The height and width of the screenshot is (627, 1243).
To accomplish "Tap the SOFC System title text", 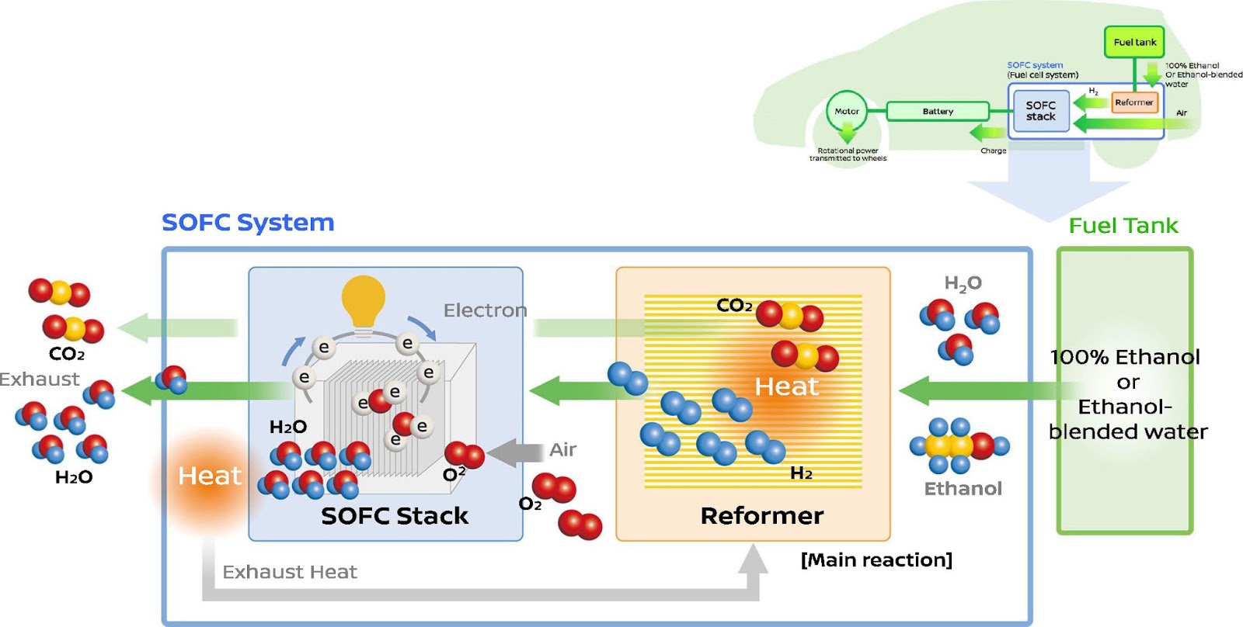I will (x=248, y=223).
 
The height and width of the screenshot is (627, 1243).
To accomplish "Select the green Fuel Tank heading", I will (x=1123, y=226).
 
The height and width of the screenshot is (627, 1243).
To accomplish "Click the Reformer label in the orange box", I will (x=761, y=516).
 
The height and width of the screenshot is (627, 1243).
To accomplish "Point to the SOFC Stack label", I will (x=395, y=516).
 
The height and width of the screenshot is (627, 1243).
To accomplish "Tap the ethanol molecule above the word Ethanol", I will (x=959, y=446).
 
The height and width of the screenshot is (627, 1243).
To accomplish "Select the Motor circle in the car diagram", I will (x=846, y=112).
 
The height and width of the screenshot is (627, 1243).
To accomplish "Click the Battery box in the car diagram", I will (x=938, y=112).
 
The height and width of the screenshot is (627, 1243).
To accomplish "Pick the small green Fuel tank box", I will (x=1134, y=43).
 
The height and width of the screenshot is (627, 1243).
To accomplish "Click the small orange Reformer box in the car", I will (x=1133, y=102).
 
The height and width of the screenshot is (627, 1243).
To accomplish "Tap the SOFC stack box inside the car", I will (x=1040, y=111).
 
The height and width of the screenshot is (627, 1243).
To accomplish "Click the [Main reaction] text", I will (x=876, y=560).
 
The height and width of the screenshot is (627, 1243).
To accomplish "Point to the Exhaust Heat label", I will (x=289, y=573).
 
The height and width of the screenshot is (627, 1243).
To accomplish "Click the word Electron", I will (x=485, y=311).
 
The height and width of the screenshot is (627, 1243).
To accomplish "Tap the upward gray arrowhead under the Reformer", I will (x=752, y=559).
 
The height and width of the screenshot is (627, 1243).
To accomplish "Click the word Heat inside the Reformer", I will (x=786, y=386).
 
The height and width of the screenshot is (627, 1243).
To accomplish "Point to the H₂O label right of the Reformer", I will (x=963, y=283).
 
